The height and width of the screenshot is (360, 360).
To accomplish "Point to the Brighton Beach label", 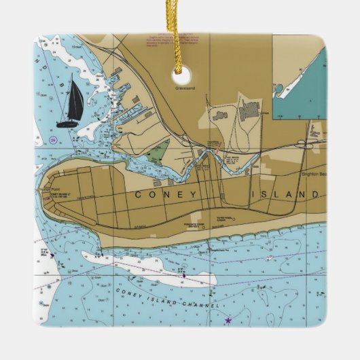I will pyautogui.click(x=305, y=174).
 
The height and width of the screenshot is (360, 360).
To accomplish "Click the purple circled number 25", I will pyautogui.click(x=52, y=141).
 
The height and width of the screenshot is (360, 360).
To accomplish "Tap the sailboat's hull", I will pyautogui.click(x=67, y=124).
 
